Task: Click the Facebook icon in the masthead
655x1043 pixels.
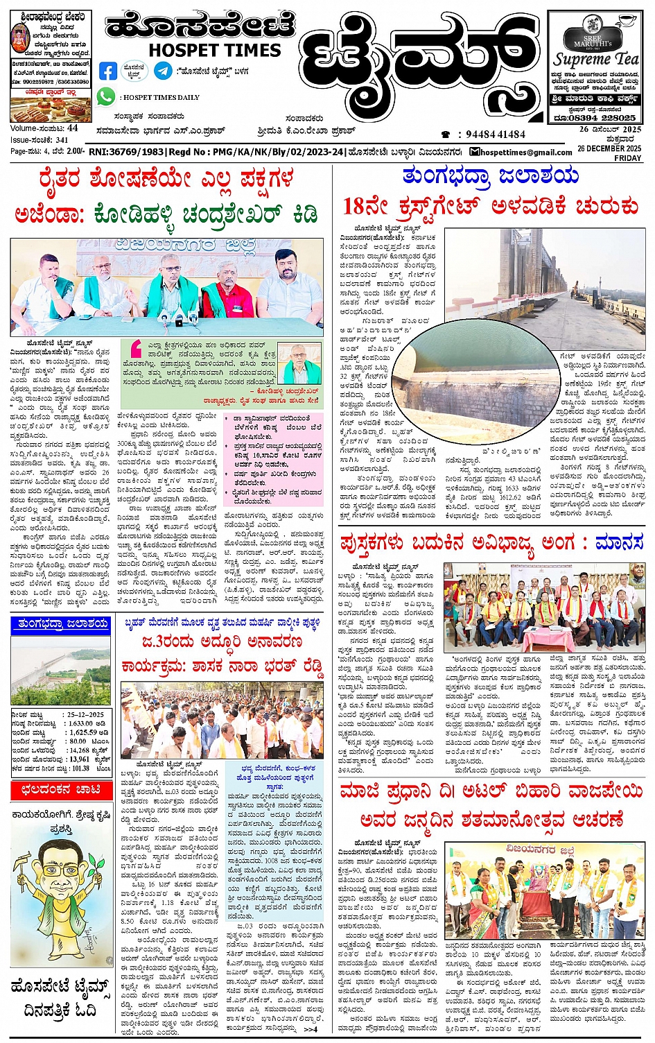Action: coord(108,71)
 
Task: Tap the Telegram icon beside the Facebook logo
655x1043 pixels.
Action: coord(164,71)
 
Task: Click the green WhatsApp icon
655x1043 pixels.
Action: coord(106,97)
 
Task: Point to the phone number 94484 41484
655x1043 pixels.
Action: coord(495,135)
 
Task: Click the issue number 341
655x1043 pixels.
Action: coord(62,140)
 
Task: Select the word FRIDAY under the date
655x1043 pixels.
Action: coord(628,158)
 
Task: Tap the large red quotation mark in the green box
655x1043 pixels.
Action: coord(137,347)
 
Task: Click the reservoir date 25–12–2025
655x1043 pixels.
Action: coord(85,714)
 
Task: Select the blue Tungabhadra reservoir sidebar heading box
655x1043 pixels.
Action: coord(61,624)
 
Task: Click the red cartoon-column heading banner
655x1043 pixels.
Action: coord(61,789)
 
